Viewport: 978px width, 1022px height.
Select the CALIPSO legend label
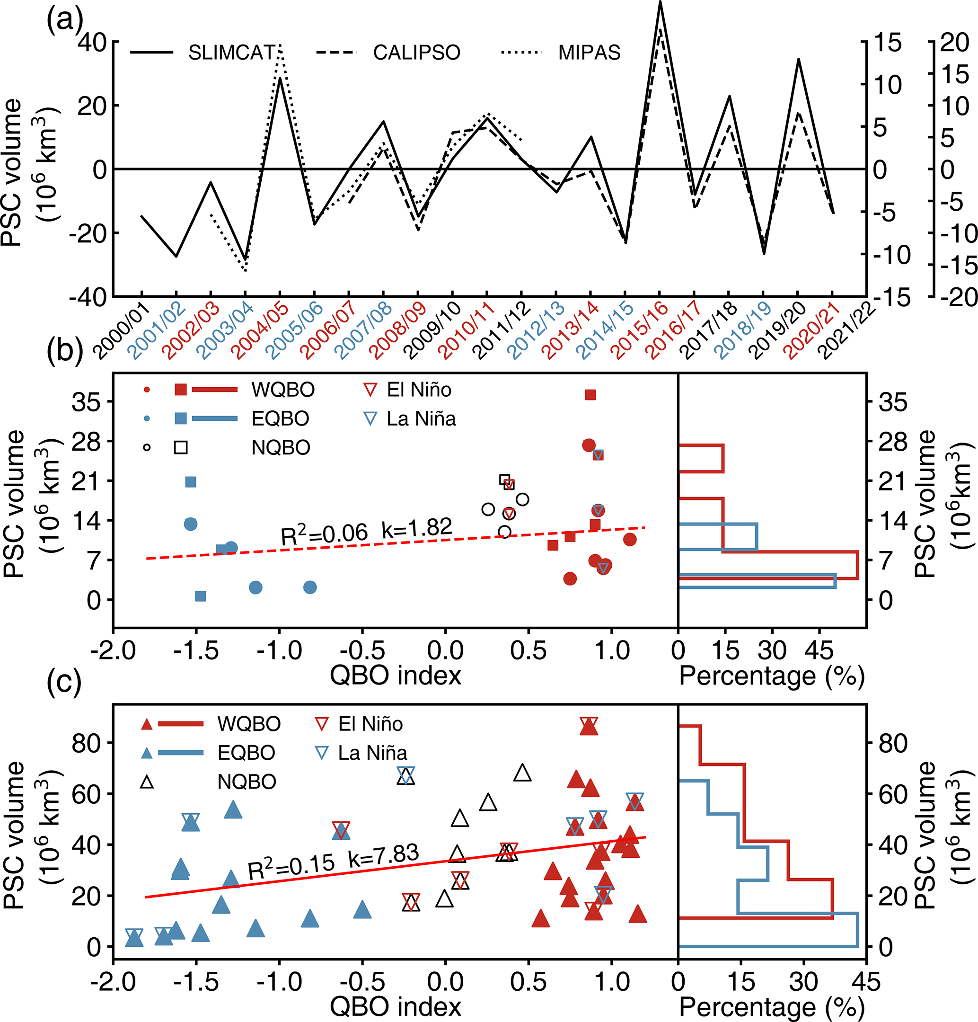pos(416,52)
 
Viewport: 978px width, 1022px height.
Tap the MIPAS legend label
pos(589,52)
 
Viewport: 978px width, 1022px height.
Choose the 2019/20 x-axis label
pos(779,330)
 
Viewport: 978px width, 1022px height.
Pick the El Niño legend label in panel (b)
pos(419,390)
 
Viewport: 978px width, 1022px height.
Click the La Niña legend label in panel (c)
pos(372,753)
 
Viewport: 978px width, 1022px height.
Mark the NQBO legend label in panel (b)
pos(281,447)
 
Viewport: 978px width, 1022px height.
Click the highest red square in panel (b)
pos(590,395)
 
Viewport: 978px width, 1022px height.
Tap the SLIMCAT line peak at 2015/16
pos(660,3)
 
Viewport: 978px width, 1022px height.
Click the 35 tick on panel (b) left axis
pos(86,401)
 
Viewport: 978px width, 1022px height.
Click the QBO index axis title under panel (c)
pos(395,1006)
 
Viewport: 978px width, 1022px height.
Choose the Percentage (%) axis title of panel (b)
pos(772,676)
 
